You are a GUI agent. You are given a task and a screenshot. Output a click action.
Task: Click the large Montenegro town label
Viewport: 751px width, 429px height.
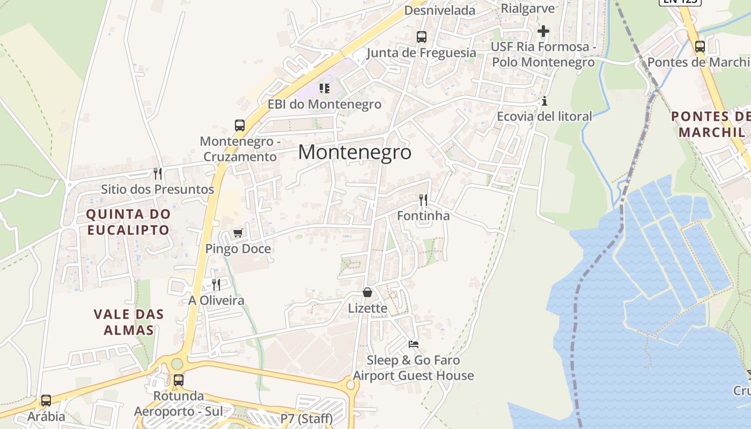pos(355,152)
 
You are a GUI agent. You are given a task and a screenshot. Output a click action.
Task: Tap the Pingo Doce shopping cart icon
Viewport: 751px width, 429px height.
pos(238,233)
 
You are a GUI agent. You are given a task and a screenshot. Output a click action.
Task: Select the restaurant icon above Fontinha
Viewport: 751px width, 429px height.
pos(423,200)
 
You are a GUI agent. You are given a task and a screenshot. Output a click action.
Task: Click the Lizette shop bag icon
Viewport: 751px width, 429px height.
pos(367,292)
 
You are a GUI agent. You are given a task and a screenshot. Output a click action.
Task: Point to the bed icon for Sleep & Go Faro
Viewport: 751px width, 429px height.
pos(413,344)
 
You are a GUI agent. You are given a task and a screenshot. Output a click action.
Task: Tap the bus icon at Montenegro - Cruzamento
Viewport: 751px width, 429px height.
pos(240,125)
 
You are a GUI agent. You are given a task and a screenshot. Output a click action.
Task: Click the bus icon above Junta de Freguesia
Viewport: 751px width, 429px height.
pos(422,37)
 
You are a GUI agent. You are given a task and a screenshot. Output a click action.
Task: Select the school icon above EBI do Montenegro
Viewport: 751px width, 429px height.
pos(325,88)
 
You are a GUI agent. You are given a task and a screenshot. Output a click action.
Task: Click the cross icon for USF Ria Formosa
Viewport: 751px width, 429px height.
pos(543,31)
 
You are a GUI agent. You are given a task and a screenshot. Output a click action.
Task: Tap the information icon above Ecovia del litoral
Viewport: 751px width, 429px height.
pos(544,101)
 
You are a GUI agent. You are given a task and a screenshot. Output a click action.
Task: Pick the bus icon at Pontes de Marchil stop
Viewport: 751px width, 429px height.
pos(700,46)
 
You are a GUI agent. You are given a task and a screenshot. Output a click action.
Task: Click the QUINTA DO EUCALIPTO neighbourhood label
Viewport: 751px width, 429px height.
pos(128,222)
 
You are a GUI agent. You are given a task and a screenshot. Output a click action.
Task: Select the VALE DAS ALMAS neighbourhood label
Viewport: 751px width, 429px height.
pos(129,322)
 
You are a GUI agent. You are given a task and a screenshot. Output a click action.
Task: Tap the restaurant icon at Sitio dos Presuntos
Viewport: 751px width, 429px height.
pos(158,173)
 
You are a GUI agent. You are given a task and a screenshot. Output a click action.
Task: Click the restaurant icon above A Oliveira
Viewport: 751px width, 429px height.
pos(216,284)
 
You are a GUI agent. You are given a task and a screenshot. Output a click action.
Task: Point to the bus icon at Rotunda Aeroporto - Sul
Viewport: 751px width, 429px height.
pos(179,380)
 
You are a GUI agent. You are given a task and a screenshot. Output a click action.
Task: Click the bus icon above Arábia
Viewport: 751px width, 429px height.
pos(46,401)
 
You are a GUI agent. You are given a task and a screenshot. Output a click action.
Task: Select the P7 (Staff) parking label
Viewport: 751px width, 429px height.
pos(306,418)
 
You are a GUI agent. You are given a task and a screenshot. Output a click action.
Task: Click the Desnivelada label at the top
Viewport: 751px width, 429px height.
pos(440,10)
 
